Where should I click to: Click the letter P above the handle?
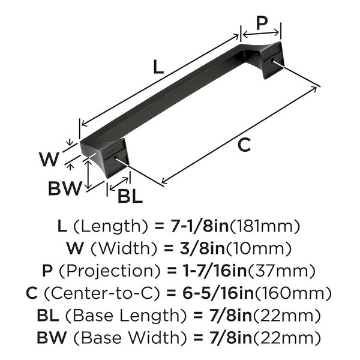pos(262,23)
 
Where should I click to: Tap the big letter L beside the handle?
pos(158,67)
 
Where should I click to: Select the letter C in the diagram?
pos(244,145)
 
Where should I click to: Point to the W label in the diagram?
pos(49,159)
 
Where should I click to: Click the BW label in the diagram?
pos(65,188)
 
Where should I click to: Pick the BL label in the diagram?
pos(130,197)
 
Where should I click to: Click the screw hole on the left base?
pos(115,157)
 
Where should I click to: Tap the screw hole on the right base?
pos(273,60)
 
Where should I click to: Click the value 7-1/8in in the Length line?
pos(199,226)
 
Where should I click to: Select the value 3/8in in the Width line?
pos(203,248)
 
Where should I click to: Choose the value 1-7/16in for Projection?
pos(214,271)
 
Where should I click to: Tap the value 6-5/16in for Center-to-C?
pos(218,293)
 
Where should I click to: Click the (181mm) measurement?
pos(265,226)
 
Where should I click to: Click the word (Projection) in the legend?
pos(110,271)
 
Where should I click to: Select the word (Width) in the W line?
pos(124,248)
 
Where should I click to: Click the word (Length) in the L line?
pos(110,227)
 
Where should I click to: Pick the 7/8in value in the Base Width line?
pos(231,337)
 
